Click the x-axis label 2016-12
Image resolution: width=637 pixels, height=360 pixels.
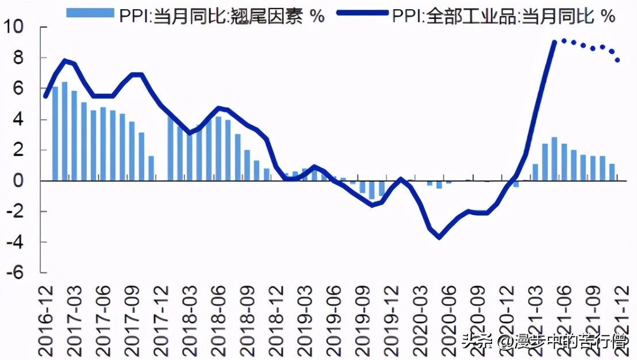click(x=47, y=316)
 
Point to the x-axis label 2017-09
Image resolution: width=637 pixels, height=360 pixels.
click(x=133, y=316)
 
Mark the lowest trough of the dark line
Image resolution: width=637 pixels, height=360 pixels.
click(x=439, y=237)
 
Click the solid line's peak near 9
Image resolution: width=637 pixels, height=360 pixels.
click(x=554, y=42)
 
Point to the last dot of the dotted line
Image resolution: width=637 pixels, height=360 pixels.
click(x=618, y=60)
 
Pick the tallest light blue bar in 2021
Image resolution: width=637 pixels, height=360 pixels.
click(x=554, y=159)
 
